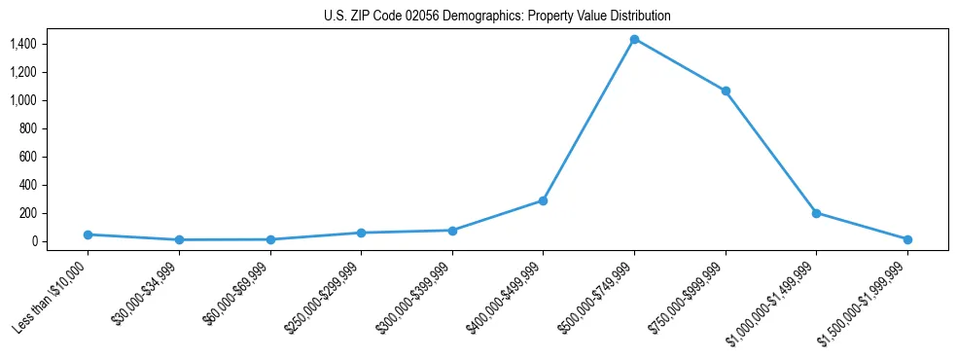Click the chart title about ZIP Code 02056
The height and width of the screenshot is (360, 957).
click(x=497, y=16)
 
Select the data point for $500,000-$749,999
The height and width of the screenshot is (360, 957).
click(x=634, y=39)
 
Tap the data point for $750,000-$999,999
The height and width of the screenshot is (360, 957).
click(x=725, y=90)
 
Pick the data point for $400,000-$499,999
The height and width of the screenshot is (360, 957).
click(x=543, y=200)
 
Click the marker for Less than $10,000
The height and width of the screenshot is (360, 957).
click(x=88, y=234)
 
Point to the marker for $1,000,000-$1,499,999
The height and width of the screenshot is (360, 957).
click(x=816, y=213)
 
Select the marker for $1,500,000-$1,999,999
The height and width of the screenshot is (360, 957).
click(x=907, y=239)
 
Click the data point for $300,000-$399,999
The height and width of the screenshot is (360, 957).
click(x=452, y=231)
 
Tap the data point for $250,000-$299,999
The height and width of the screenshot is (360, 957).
click(x=361, y=233)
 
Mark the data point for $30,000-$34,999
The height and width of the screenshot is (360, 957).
click(x=179, y=239)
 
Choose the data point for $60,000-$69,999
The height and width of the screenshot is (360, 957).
click(x=270, y=239)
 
